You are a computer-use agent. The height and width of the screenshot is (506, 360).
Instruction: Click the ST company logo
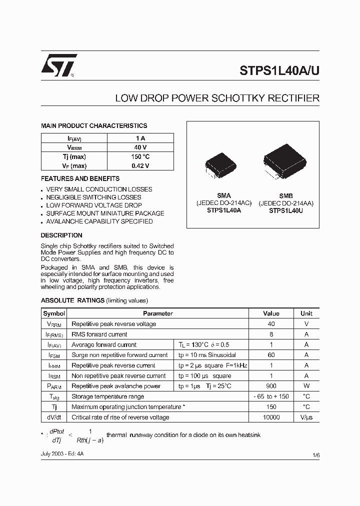pos(58,65)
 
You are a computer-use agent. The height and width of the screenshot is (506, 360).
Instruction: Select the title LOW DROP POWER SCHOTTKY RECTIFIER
pos(217,98)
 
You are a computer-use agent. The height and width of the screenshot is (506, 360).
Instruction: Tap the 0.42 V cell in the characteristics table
pos(140,165)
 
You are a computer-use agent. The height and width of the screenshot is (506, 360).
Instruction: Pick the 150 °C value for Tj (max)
pos(140,156)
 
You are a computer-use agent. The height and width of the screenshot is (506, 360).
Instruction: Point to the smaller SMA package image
pos(220,165)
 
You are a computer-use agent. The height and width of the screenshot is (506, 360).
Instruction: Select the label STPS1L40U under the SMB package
pos(286,211)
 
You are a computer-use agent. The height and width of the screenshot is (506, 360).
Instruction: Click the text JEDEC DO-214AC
pos(223,203)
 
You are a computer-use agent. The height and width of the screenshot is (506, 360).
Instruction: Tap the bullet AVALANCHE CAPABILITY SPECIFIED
pos(99,221)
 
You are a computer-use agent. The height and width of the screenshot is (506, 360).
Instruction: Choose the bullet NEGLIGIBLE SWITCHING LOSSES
pos(93,197)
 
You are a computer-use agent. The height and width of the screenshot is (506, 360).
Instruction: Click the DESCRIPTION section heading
pos(61,235)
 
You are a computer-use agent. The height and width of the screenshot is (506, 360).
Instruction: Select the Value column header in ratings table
pos(271,313)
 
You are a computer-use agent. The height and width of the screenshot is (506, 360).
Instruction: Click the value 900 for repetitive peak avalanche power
pos(271,386)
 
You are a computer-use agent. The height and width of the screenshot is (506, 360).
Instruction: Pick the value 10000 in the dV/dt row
pos(271,417)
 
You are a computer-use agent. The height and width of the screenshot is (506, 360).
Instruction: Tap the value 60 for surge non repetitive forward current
pos(271,355)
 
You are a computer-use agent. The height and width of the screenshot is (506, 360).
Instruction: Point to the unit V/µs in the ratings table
pos(306,417)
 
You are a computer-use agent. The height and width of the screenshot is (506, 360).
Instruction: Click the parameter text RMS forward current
pos(99,334)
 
